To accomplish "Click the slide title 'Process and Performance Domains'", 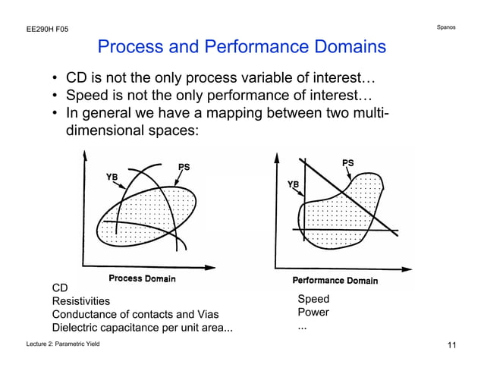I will coord(241,48).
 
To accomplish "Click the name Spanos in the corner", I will coord(446,28).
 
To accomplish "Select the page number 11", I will coord(452,347).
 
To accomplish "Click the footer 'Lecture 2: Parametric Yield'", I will coord(63,346).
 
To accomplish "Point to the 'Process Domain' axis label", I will coord(142,278).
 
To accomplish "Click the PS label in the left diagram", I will coord(184,166).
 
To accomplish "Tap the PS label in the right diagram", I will coord(347,162).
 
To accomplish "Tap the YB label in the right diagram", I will coord(293,184).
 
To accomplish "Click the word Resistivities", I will coord(80,301).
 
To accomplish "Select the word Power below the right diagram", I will coord(313,312).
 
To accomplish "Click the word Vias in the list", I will coord(215,314).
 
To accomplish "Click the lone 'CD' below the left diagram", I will coord(59,288).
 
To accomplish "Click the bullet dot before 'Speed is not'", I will coord(55,97).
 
